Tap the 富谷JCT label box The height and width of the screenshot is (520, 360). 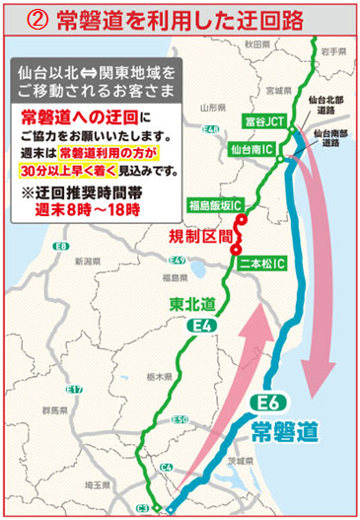262,119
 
